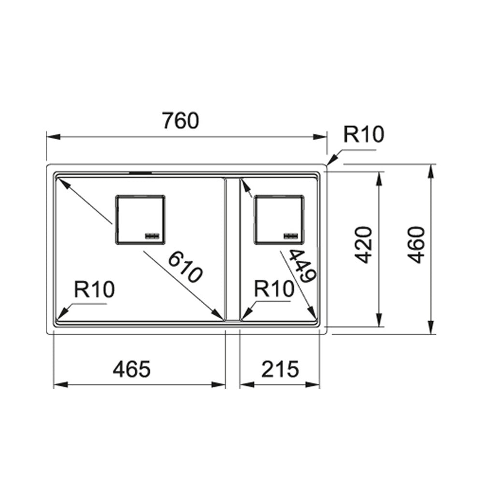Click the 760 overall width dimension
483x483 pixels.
point(180,121)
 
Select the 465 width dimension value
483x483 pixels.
point(132,369)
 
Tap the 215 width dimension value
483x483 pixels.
point(281,369)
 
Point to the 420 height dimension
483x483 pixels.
point(364,244)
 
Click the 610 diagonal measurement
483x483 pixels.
point(185,268)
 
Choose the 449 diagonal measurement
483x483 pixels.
point(302,266)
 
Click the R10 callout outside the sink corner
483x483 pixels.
point(363,135)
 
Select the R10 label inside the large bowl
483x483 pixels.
point(94,290)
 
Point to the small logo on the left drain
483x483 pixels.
point(152,235)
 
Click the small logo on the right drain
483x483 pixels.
point(291,235)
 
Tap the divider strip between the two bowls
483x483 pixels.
point(232,249)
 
